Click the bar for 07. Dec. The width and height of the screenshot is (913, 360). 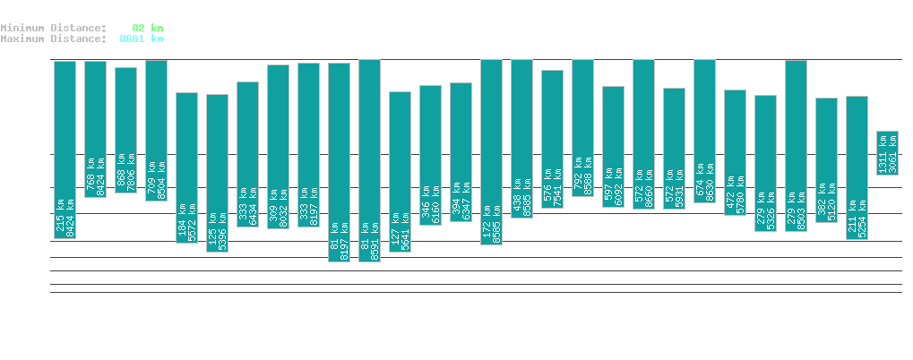(887, 153)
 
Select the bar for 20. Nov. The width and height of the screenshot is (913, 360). (369, 160)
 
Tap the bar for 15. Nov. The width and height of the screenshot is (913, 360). (217, 173)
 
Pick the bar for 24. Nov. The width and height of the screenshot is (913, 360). (491, 151)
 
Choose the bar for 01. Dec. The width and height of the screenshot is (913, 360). (704, 131)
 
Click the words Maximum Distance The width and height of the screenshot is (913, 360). (50, 39)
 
